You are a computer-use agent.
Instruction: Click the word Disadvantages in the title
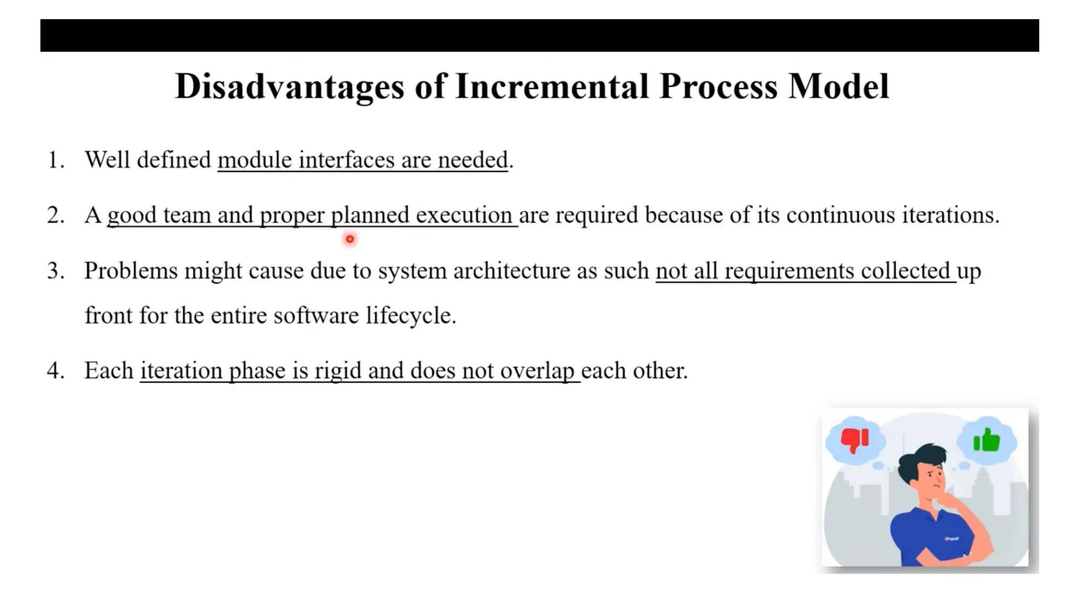click(x=289, y=86)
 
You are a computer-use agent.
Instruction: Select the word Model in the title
click(x=838, y=86)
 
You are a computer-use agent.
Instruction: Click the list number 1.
click(x=55, y=160)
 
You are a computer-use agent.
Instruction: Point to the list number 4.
click(x=55, y=370)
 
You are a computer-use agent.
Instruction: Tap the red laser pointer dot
click(x=349, y=239)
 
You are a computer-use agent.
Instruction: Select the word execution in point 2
click(x=464, y=215)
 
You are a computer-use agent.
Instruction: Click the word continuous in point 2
click(x=840, y=215)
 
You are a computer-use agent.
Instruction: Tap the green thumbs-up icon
click(x=987, y=440)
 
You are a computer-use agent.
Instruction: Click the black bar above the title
click(x=539, y=35)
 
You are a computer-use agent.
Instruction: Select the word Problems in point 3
click(x=131, y=271)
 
